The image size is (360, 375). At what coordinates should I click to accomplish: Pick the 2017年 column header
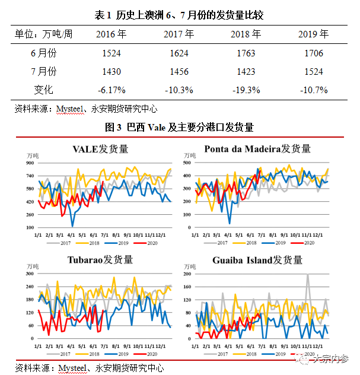click(x=179, y=34)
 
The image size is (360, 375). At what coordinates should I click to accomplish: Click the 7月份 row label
click(x=43, y=71)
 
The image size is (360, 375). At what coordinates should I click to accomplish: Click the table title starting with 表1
click(x=179, y=14)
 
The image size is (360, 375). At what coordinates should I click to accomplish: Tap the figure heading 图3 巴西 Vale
click(x=179, y=126)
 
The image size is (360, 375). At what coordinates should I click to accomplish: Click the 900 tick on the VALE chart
click(x=29, y=163)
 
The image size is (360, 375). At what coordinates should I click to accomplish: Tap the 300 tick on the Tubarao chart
click(x=29, y=274)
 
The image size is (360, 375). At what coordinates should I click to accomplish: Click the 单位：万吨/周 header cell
click(x=43, y=34)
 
